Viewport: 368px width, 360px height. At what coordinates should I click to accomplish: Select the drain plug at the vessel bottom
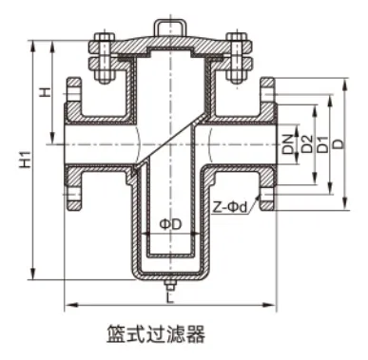click(169, 285)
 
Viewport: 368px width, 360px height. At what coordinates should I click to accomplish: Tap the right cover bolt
click(235, 54)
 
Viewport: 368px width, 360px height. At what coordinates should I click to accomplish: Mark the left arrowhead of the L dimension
click(68, 304)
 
